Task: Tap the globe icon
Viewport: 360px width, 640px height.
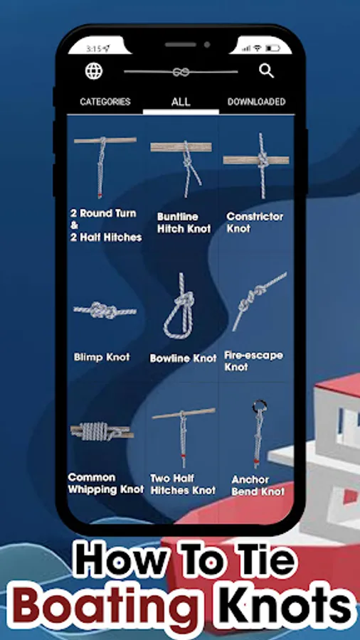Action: (94, 71)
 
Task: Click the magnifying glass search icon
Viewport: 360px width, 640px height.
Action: (267, 70)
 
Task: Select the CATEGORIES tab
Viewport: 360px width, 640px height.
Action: (105, 102)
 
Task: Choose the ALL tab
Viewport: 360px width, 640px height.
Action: (181, 102)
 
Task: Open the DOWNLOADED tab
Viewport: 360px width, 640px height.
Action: (256, 102)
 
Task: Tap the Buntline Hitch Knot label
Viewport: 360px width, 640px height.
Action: (184, 223)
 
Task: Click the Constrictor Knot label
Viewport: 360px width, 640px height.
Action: (255, 223)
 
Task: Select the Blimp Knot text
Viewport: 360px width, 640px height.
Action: (102, 357)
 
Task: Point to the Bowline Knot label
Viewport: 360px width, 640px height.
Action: (183, 358)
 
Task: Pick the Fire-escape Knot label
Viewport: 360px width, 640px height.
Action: (253, 361)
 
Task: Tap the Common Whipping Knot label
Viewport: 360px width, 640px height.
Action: (106, 484)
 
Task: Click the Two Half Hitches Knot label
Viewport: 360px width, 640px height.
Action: (183, 484)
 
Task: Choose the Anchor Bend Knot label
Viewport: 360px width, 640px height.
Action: (258, 486)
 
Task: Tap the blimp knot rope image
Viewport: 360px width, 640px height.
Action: (105, 311)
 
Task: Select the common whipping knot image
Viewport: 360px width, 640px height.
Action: (102, 431)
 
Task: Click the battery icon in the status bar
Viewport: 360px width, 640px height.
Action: (272, 48)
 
